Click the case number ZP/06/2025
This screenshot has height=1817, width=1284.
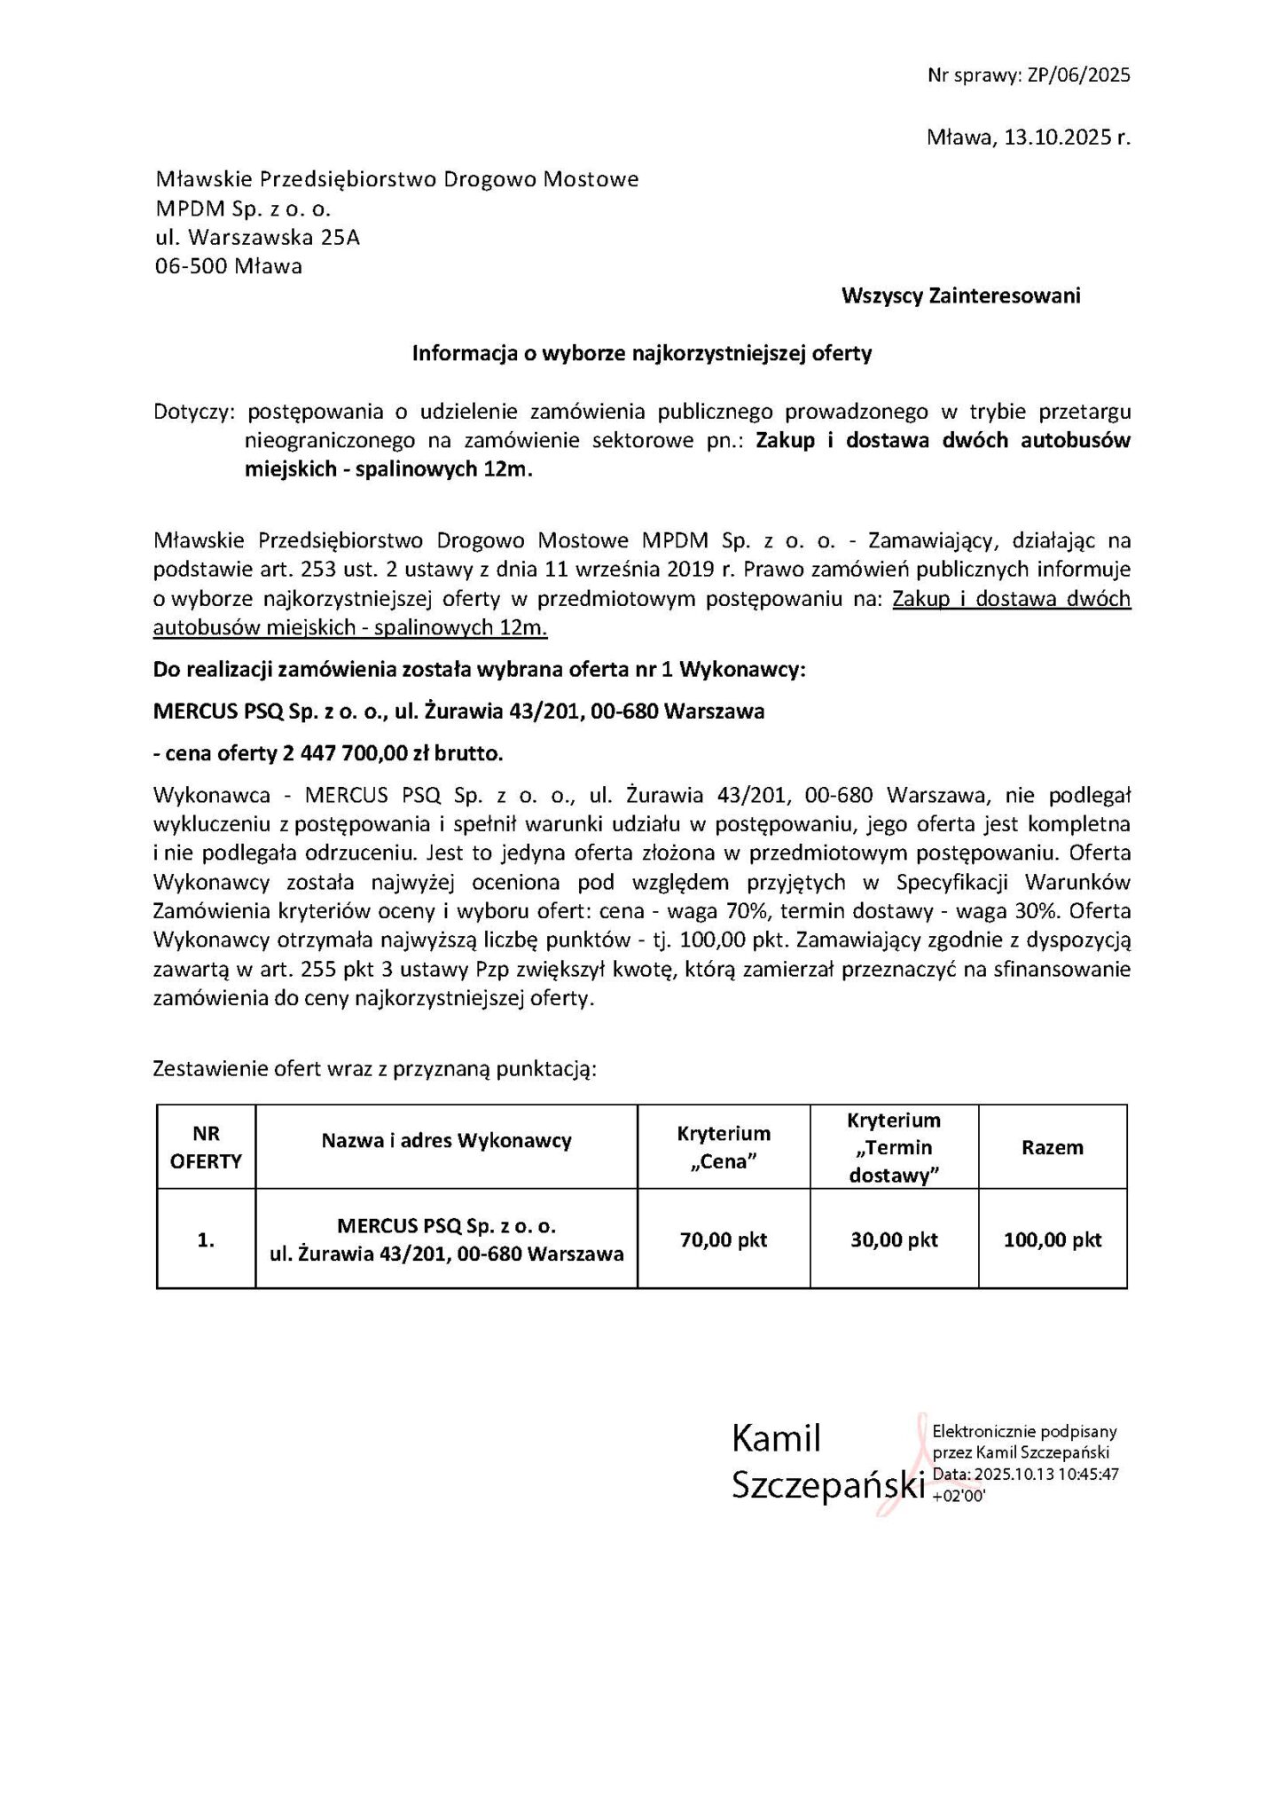[1078, 75]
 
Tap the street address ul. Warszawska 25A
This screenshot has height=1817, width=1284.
[257, 238]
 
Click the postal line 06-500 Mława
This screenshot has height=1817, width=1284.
[228, 266]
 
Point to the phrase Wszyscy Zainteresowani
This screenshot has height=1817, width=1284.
[960, 295]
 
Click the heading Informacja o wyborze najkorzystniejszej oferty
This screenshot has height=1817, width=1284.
[642, 353]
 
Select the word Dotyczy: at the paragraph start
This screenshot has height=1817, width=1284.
[195, 412]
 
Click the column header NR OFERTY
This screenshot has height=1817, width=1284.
[206, 1147]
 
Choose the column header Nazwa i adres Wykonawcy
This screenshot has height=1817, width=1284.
[446, 1141]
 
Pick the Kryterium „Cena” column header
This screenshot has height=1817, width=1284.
[724, 1147]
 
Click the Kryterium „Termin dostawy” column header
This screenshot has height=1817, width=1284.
[894, 1147]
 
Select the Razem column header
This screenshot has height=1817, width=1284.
[1053, 1147]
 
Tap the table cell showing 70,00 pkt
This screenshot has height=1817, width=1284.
[724, 1239]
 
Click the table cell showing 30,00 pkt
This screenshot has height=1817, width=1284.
[894, 1239]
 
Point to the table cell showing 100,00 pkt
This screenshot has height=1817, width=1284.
[1053, 1239]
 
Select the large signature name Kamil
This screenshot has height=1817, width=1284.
[776, 1439]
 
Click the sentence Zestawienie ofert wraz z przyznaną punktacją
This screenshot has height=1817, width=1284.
[375, 1068]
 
